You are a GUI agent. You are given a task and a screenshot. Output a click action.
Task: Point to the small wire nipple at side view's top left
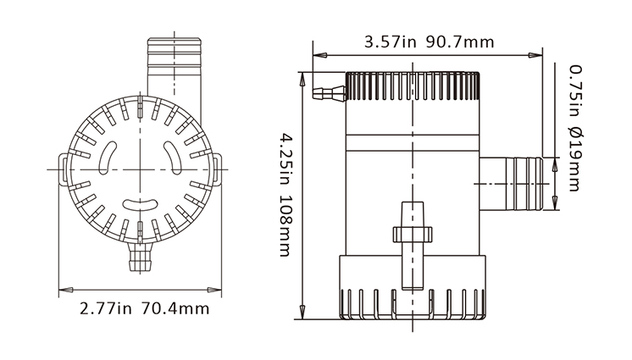coord(329,91)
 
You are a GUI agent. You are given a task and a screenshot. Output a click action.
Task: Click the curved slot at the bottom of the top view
coord(139,203)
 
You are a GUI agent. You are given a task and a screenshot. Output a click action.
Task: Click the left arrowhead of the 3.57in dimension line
coord(318,55)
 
